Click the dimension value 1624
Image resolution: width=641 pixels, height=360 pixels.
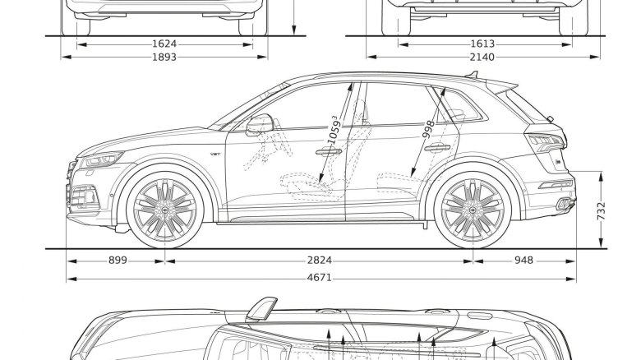[x=164, y=44]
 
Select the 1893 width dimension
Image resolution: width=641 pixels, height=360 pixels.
[x=164, y=58]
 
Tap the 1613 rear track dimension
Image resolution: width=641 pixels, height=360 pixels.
[x=483, y=44]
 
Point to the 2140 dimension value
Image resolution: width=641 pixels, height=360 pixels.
[x=483, y=58]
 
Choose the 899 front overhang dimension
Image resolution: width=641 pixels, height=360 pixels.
[x=118, y=261]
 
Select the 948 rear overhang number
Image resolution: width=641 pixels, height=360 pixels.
[x=523, y=261]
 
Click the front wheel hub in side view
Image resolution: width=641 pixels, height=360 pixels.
[x=164, y=209]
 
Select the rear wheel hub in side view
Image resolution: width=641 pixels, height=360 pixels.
[x=472, y=209]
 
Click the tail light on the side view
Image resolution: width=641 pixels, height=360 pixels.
[x=543, y=142]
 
